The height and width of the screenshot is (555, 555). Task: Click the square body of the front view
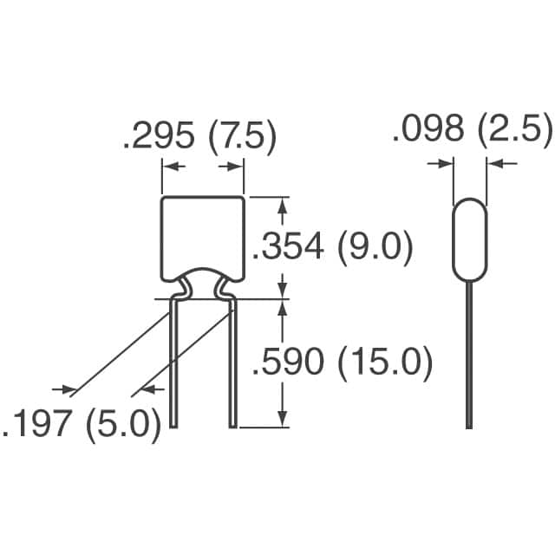pos(203,236)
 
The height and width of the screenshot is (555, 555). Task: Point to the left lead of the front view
pos(174,364)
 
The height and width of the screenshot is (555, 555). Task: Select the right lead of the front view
pos(232,364)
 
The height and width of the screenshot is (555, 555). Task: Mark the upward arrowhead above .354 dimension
pos(282,205)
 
